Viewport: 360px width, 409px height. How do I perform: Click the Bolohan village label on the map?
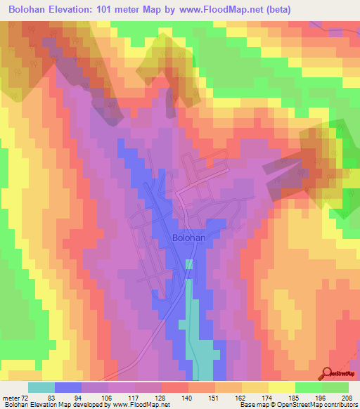pos(188,238)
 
